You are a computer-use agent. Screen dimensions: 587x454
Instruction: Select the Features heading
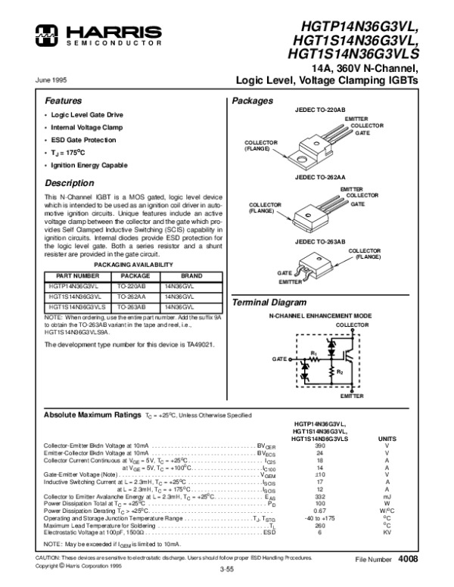coord(63,101)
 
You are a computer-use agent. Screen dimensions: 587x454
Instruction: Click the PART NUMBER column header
coord(73,276)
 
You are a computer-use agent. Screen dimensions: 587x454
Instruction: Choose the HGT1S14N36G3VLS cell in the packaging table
coord(75,308)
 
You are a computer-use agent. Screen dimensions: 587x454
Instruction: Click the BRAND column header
coord(187,276)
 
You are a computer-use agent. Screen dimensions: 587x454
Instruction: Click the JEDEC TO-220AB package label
coord(319,110)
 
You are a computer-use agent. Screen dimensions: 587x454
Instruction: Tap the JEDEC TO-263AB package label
coord(319,241)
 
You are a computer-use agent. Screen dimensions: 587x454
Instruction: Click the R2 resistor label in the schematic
coord(340,372)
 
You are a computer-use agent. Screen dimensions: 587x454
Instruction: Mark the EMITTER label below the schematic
coord(352,396)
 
